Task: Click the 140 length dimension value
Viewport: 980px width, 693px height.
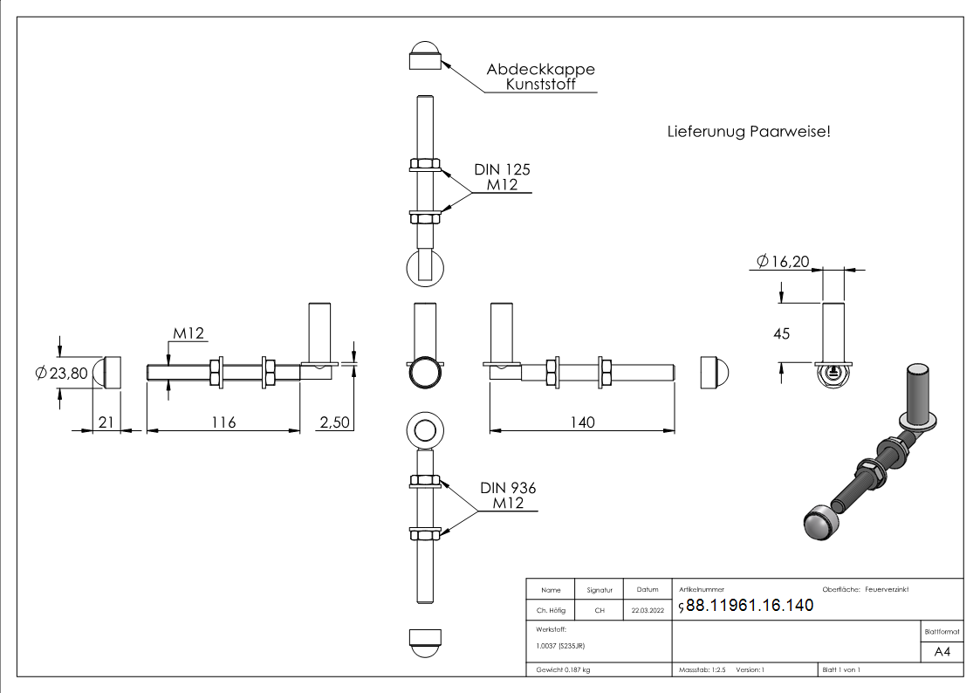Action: coord(582,422)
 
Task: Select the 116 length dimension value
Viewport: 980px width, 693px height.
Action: coord(223,422)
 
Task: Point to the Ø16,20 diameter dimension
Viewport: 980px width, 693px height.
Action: coord(783,261)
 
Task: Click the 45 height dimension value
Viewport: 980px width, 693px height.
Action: coord(781,333)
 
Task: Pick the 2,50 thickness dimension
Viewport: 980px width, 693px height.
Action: coord(334,422)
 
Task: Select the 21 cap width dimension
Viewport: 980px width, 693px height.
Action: coord(106,422)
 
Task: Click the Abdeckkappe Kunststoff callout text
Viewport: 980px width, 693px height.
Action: coord(540,77)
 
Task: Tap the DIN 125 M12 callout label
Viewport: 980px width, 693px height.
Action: coord(502,177)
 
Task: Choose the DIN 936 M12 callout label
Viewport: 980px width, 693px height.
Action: coord(507,496)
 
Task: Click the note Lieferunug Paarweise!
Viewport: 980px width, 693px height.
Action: coord(748,132)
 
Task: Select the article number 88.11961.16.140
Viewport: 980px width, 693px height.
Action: coord(750,606)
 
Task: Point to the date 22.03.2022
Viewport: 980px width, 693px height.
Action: coord(648,611)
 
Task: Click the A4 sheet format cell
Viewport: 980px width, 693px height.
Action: coord(942,652)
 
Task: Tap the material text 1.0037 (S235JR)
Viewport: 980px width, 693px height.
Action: coord(560,645)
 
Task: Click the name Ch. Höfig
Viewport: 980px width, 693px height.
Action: coord(551,611)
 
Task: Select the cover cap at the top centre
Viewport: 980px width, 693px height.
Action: coord(424,55)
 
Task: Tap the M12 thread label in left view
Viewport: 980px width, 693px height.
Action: coord(188,333)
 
